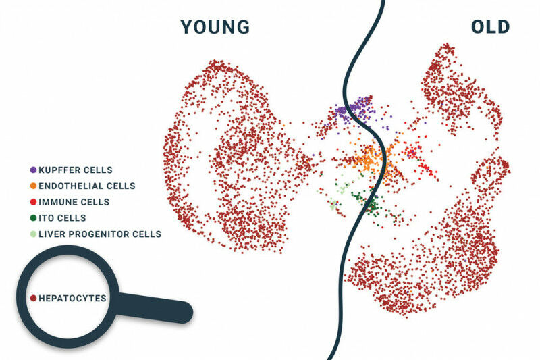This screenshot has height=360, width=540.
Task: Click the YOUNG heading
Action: (x=215, y=27)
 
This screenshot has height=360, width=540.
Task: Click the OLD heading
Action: (x=490, y=27)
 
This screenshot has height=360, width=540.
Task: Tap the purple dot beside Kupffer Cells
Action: (x=33, y=170)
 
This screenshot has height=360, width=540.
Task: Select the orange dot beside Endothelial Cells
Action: (x=33, y=186)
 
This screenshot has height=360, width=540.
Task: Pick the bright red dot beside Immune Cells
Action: (x=33, y=202)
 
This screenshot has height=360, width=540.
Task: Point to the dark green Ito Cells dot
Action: (x=33, y=218)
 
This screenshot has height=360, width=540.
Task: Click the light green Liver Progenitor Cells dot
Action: (x=33, y=234)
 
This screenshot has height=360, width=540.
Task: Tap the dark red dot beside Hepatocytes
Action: (x=33, y=298)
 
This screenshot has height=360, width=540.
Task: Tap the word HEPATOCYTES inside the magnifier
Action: (x=72, y=298)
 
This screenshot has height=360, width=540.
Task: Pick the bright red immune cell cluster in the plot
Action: (x=421, y=161)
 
